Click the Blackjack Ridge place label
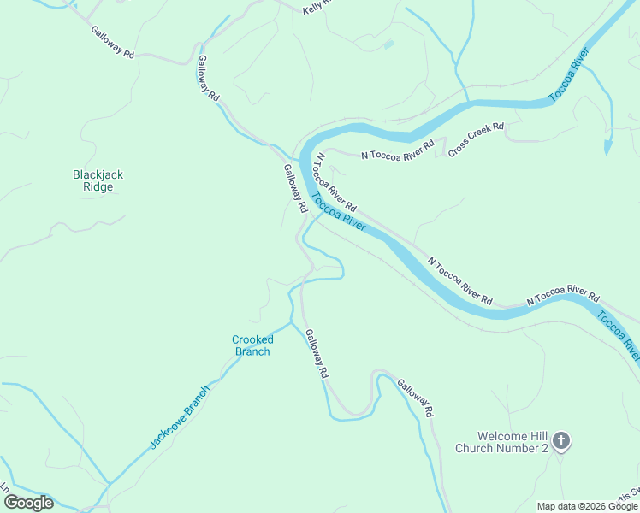98,180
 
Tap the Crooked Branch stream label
252,345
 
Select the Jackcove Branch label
180,417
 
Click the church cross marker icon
561,442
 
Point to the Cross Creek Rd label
476,139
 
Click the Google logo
28,503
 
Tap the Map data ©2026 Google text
587,506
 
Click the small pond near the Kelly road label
388,44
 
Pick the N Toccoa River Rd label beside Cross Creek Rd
397,150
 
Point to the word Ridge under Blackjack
98,187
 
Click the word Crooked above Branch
252,339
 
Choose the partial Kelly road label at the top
317,8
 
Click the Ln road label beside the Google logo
5,488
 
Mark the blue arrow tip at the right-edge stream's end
607,150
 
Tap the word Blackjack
98,174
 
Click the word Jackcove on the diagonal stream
170,427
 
